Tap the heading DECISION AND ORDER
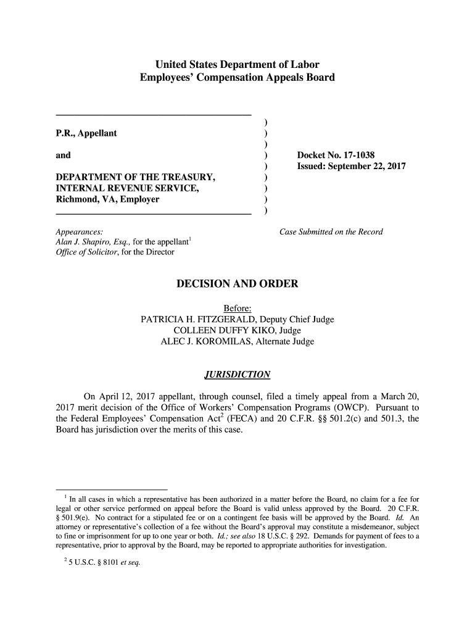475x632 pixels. (238, 284)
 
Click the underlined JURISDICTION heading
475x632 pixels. (237, 375)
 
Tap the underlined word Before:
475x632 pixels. (238, 309)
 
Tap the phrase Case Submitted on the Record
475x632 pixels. (331, 232)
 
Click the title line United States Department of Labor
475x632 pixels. (238, 65)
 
